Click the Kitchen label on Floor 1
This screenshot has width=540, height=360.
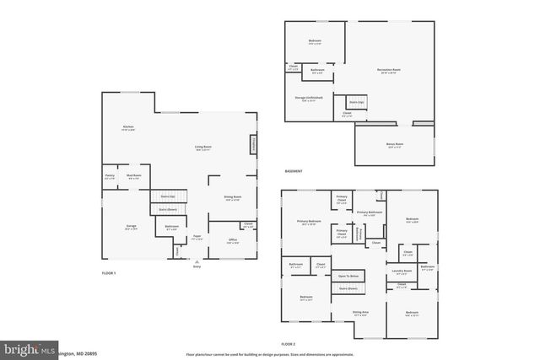pyautogui.click(x=128, y=128)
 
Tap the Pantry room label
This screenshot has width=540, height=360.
pyautogui.click(x=110, y=177)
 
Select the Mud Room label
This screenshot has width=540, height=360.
pyautogui.click(x=133, y=177)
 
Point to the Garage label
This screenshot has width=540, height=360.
pyautogui.click(x=132, y=227)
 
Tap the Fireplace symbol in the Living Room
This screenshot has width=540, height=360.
pyautogui.click(x=252, y=145)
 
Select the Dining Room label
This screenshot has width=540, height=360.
pyautogui.click(x=232, y=198)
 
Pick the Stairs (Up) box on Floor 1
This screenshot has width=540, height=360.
pyautogui.click(x=168, y=196)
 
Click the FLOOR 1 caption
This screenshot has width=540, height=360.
pyautogui.click(x=109, y=273)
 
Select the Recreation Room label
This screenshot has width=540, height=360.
pyautogui.click(x=388, y=70)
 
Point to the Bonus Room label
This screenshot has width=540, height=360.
pyautogui.click(x=394, y=145)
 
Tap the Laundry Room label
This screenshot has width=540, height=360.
pyautogui.click(x=401, y=271)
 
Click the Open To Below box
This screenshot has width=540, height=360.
pyautogui.click(x=348, y=277)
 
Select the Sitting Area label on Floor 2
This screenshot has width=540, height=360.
pyautogui.click(x=360, y=314)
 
